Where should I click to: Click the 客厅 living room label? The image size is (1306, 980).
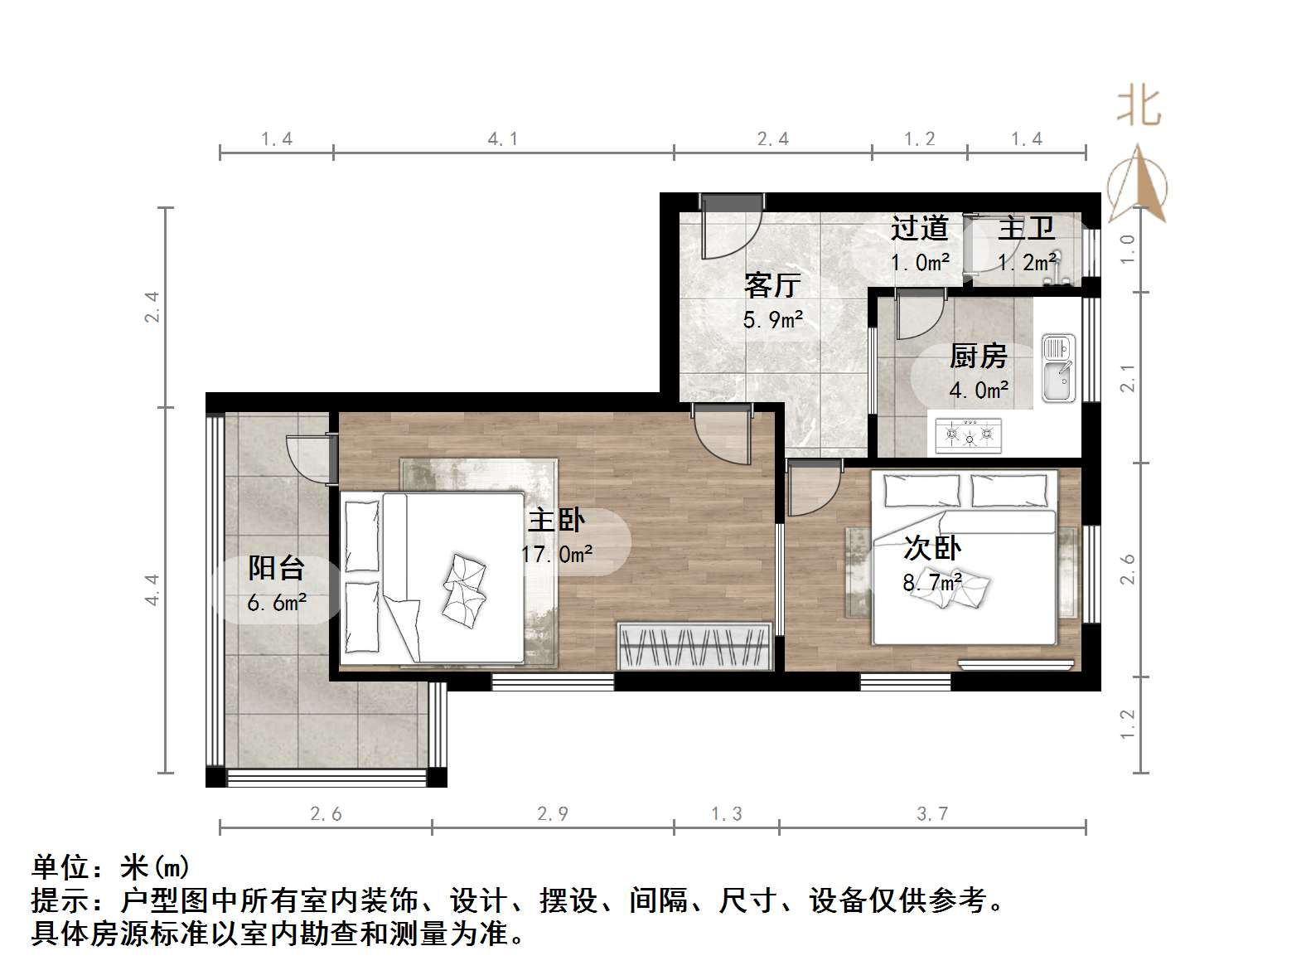[772, 285]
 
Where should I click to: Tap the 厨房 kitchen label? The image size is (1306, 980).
[978, 357]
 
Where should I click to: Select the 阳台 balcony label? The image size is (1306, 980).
[276, 569]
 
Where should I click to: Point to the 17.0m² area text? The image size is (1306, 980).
[557, 554]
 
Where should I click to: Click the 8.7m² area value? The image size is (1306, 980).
[932, 582]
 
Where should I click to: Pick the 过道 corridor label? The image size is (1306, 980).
[919, 227]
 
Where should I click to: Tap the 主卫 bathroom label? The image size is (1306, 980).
[1026, 228]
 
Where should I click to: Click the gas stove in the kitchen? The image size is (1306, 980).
[968, 435]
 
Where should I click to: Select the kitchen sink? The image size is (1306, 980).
[1058, 369]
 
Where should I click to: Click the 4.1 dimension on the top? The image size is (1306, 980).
[503, 139]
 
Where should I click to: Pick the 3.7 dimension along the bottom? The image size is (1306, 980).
[932, 814]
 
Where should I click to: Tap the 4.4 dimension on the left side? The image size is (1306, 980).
[152, 589]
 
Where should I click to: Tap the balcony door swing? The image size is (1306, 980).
[308, 457]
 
